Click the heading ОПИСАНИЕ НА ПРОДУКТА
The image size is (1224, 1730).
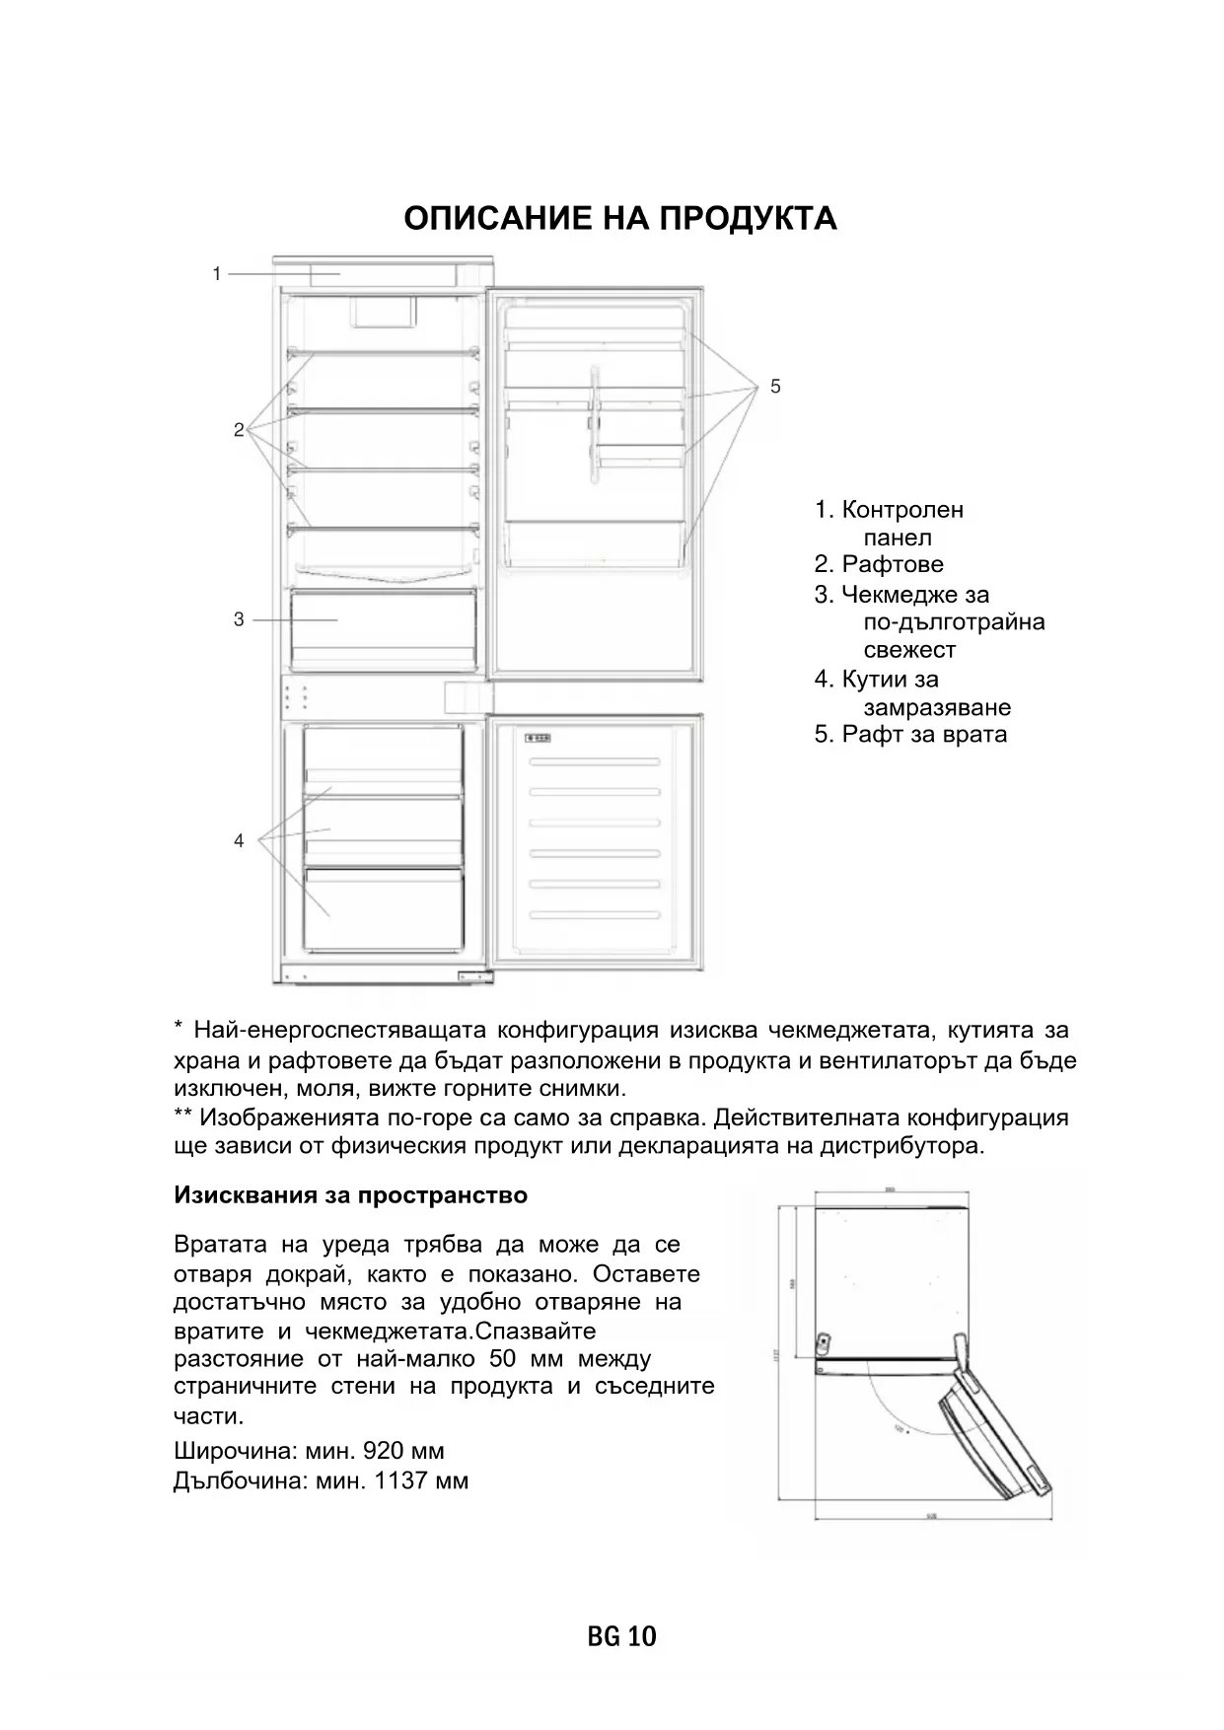[620, 218]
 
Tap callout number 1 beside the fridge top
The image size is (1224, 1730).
[217, 274]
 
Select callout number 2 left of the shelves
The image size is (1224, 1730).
[239, 430]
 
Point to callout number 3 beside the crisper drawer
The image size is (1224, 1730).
[239, 619]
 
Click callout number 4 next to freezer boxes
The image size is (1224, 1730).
[239, 841]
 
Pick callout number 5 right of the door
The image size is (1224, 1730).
[775, 387]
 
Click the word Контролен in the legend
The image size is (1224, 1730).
[902, 510]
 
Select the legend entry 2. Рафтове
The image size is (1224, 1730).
[879, 564]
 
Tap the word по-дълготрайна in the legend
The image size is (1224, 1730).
[954, 622]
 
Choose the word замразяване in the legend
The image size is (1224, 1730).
[937, 707]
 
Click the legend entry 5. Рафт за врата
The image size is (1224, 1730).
[910, 734]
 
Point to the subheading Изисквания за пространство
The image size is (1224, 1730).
[350, 1195]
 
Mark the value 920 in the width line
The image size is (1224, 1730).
[384, 1451]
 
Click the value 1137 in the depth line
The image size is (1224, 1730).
[399, 1480]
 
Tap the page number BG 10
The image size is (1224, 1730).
[621, 1637]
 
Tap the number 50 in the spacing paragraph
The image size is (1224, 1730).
[502, 1358]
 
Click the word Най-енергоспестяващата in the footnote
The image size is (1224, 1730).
[339, 1031]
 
